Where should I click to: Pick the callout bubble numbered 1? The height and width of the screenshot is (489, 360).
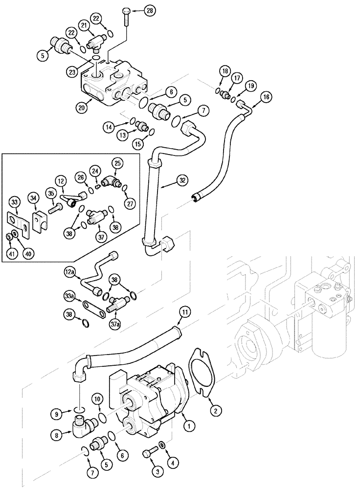[186, 426]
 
